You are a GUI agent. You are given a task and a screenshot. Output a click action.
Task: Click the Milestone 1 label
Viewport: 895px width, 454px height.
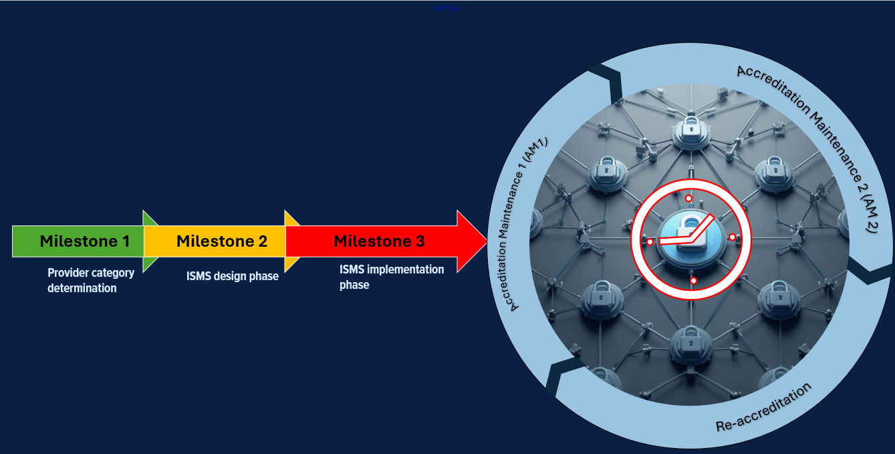(x=84, y=241)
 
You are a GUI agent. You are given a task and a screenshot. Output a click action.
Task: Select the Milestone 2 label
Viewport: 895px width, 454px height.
(x=222, y=241)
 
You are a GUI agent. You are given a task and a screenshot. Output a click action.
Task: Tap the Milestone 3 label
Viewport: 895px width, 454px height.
(x=379, y=241)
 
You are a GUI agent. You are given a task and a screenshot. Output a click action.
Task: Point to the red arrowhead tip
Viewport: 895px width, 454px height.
(x=486, y=241)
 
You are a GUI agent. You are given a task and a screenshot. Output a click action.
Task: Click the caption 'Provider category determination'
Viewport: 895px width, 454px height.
(x=91, y=281)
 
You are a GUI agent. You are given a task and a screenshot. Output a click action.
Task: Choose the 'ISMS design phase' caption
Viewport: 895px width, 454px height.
(x=232, y=276)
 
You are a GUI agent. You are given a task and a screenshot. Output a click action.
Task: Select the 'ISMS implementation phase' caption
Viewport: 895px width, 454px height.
(x=392, y=277)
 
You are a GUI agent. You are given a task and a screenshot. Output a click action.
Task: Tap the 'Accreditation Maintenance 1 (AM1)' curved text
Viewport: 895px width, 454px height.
(x=528, y=224)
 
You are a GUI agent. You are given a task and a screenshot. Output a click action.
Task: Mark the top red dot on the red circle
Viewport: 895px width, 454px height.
(x=688, y=199)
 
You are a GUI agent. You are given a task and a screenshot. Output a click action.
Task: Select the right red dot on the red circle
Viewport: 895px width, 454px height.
(x=732, y=237)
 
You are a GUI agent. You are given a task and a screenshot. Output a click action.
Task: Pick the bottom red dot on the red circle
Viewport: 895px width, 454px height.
(x=694, y=281)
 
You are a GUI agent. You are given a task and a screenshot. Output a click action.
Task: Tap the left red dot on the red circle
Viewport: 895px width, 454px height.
(x=650, y=241)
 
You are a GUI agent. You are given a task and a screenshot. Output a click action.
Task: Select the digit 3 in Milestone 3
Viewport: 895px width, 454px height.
(x=420, y=241)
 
